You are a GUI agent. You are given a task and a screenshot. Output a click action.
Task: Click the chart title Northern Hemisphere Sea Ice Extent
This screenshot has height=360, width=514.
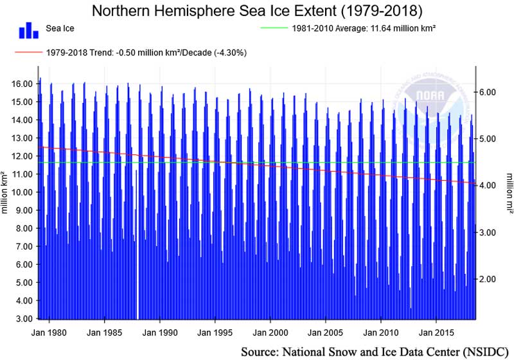pos(257,11)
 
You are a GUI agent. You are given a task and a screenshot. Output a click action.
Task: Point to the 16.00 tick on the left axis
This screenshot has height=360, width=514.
pos(23,84)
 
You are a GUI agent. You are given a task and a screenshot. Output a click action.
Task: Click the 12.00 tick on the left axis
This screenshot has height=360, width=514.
pos(23,156)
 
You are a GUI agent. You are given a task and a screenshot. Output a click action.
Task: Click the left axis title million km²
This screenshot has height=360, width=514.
pos(5,192)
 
